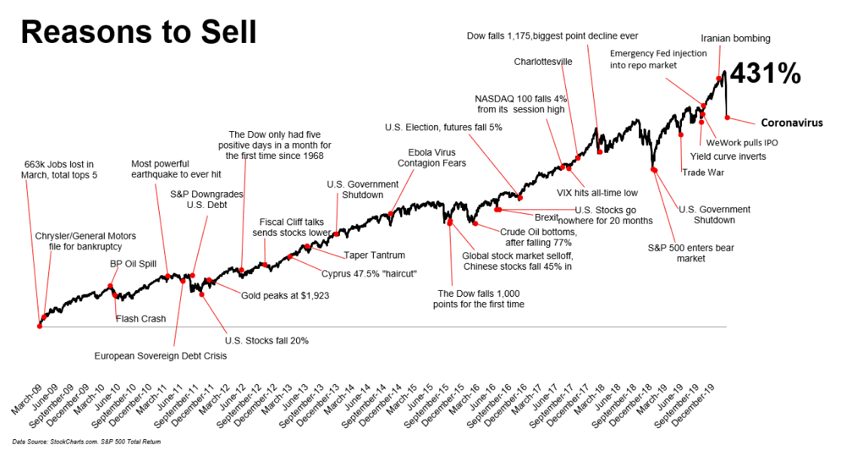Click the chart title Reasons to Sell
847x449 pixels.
click(x=138, y=32)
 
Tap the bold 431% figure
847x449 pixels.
click(x=765, y=74)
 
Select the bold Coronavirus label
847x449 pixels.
click(x=791, y=123)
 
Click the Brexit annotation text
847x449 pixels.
click(x=546, y=217)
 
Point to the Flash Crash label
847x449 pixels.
click(x=141, y=319)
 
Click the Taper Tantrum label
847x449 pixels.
click(x=375, y=255)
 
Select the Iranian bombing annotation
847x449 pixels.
click(x=735, y=38)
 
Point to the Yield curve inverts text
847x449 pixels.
click(x=728, y=157)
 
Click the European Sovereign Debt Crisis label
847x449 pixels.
click(x=161, y=356)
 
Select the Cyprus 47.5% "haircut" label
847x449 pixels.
click(x=369, y=273)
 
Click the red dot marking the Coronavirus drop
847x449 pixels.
click(x=727, y=117)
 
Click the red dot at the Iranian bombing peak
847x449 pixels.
click(x=719, y=78)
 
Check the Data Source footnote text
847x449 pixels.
click(x=87, y=441)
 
